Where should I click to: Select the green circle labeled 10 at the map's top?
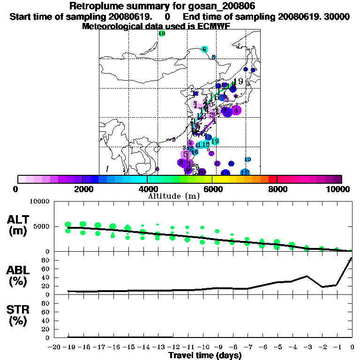coord(162,34)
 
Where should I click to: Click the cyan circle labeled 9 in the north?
coord(204,49)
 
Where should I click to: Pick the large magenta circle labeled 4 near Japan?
coord(236,111)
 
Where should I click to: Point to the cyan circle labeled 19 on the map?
coord(215,141)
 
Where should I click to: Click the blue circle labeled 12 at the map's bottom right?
coord(245,173)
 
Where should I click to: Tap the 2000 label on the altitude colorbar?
coord(82,189)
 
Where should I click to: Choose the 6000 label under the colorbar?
coord(212,189)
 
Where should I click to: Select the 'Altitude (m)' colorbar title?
coord(170,196)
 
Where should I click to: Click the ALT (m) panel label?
coord(18,225)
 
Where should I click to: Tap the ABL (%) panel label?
coord(18,277)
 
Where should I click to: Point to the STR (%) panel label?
coord(18,315)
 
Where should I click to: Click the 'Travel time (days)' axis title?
coord(205,356)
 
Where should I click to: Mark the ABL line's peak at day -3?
coord(307,276)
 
